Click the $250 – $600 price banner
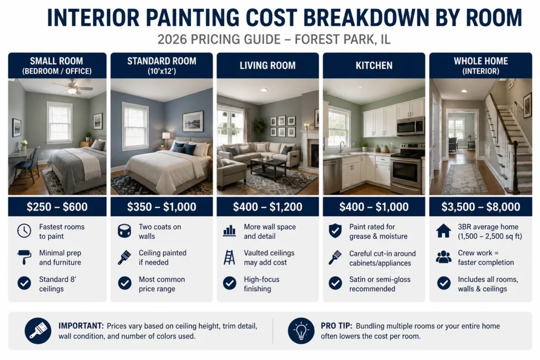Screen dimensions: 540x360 pos(57,207)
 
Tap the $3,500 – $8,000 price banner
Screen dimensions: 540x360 pos(481,207)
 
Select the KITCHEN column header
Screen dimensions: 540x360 pos(374,65)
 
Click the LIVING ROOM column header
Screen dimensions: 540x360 pos(267,65)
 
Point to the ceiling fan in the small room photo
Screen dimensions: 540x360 pos(72,87)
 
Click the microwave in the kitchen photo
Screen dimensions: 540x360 pos(410,126)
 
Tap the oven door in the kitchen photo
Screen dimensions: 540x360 pos(406,171)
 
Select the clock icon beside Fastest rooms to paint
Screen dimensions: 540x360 pos(24,230)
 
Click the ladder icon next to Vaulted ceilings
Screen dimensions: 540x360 pos(229,257)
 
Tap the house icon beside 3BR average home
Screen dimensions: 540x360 pos(443,231)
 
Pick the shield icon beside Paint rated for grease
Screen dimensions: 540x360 pos(335,230)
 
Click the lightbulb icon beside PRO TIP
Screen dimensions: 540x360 pos(301,330)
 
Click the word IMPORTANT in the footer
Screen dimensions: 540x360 pos(81,326)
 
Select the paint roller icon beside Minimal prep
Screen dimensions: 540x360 pos(24,257)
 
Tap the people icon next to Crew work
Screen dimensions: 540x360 pos(443,257)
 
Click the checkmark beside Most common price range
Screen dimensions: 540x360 pos(124,283)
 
